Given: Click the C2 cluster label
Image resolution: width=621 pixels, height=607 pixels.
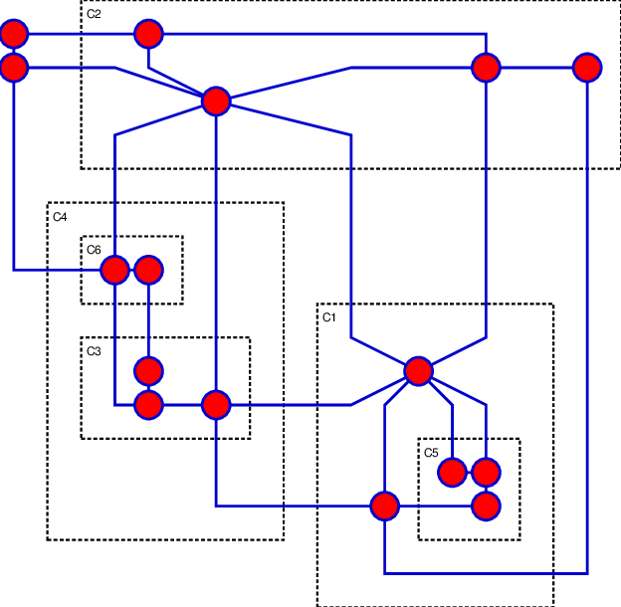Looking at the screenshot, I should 94,15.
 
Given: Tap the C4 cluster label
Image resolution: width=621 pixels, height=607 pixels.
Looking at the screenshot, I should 60,217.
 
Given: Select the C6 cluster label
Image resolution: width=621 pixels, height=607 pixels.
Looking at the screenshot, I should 94,250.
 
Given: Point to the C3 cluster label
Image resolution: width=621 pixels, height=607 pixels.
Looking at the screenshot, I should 94,351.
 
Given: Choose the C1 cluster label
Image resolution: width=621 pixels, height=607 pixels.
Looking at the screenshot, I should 329,317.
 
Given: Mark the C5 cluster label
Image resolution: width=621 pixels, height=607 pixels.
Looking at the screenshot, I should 431,453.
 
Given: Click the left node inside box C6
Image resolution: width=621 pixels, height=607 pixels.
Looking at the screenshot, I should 115,270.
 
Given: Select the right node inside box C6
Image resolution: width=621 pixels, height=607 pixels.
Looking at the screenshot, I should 148,270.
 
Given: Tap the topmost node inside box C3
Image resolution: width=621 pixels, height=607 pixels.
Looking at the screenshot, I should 148,371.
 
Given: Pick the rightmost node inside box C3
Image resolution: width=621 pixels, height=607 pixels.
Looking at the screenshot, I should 216,405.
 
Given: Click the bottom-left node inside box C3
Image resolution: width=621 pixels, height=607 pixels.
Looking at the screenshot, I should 148,405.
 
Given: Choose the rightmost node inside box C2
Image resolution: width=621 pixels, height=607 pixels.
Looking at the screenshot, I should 587,68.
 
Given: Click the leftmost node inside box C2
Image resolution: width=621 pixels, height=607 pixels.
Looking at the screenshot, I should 148,34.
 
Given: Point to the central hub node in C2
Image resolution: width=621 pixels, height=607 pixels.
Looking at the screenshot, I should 216,101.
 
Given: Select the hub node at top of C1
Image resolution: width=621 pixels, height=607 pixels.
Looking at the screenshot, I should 419,371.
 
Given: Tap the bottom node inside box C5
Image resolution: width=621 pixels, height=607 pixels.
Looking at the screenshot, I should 486,506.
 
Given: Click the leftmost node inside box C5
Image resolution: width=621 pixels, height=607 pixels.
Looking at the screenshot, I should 452,472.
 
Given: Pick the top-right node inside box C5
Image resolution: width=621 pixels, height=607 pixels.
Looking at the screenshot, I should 486,472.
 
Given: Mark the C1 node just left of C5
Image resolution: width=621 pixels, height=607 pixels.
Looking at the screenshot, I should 385,506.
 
